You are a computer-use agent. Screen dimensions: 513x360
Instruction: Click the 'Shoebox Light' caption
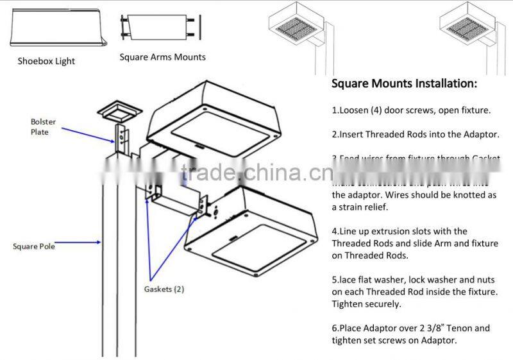click(x=46, y=61)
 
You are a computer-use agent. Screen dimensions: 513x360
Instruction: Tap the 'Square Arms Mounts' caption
click(x=162, y=57)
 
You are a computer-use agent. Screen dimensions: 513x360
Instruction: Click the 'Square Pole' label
click(x=34, y=246)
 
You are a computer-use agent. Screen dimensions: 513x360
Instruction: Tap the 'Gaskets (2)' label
click(x=164, y=289)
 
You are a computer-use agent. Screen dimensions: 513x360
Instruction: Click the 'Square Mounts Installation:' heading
click(x=404, y=84)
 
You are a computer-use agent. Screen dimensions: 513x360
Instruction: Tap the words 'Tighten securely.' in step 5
click(x=366, y=304)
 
